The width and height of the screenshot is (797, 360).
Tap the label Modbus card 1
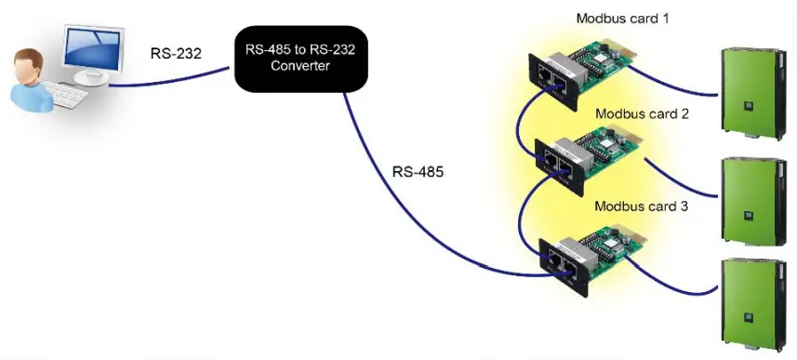(622, 18)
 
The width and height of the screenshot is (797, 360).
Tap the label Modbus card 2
(643, 113)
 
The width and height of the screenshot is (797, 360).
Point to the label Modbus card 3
(641, 206)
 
